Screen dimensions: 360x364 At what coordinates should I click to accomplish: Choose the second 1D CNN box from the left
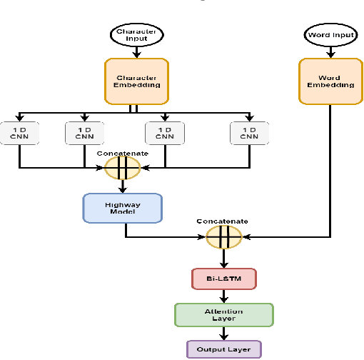point(84,133)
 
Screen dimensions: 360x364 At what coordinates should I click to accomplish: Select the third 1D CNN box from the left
point(164,133)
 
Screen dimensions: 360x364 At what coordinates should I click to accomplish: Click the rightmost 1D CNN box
point(249,133)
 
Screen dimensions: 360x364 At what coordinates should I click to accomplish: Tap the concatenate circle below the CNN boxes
point(123,169)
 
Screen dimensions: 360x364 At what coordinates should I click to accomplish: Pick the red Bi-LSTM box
point(224,278)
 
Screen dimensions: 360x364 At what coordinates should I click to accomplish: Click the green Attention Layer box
point(224,314)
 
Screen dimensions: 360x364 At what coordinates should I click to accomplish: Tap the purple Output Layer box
point(224,349)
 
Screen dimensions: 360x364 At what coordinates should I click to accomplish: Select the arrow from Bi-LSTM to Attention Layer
point(224,296)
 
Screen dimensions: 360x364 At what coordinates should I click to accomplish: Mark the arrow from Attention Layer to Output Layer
point(224,333)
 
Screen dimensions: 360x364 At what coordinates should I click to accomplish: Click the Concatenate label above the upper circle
point(123,152)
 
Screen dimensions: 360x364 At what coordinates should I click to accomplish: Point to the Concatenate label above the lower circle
point(223,221)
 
